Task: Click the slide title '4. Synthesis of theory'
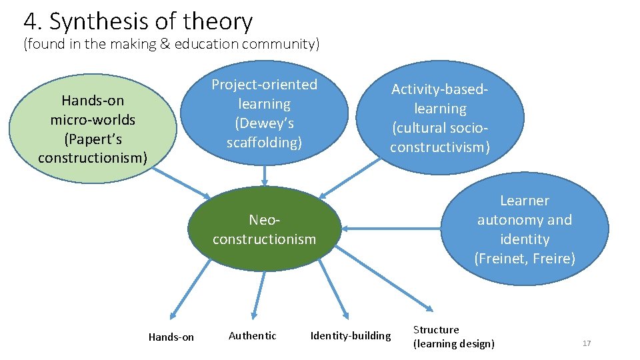(x=138, y=22)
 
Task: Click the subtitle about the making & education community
(x=171, y=45)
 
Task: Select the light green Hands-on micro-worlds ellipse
(x=93, y=129)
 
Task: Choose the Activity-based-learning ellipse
(x=440, y=117)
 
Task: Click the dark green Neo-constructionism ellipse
(x=265, y=229)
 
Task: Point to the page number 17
(x=587, y=343)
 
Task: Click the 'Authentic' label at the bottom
(x=252, y=335)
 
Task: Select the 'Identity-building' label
(x=351, y=335)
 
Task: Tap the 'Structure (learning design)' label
(x=453, y=337)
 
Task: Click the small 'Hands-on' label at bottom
(x=171, y=337)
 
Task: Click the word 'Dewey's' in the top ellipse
(x=265, y=123)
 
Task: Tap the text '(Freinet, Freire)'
(x=525, y=258)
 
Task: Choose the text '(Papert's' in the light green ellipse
(x=93, y=139)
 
